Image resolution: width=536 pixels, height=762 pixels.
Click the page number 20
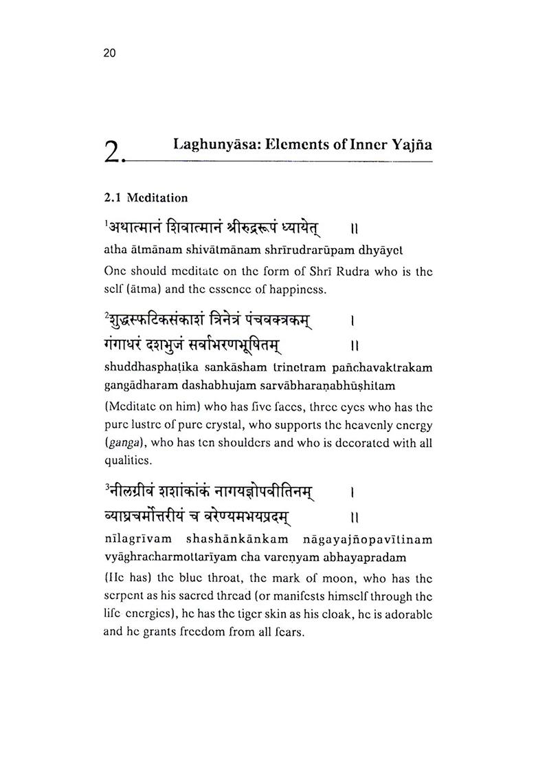point(110,54)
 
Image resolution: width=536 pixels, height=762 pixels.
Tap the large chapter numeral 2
point(113,151)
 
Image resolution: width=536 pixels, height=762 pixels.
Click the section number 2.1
point(113,198)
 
